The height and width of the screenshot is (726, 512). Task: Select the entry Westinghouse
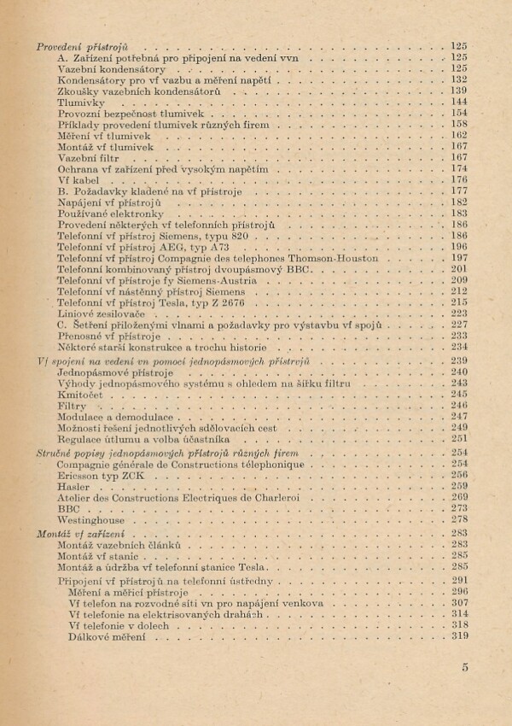click(91, 519)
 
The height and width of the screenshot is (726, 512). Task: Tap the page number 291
click(459, 580)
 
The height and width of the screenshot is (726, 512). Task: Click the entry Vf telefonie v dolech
click(117, 624)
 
